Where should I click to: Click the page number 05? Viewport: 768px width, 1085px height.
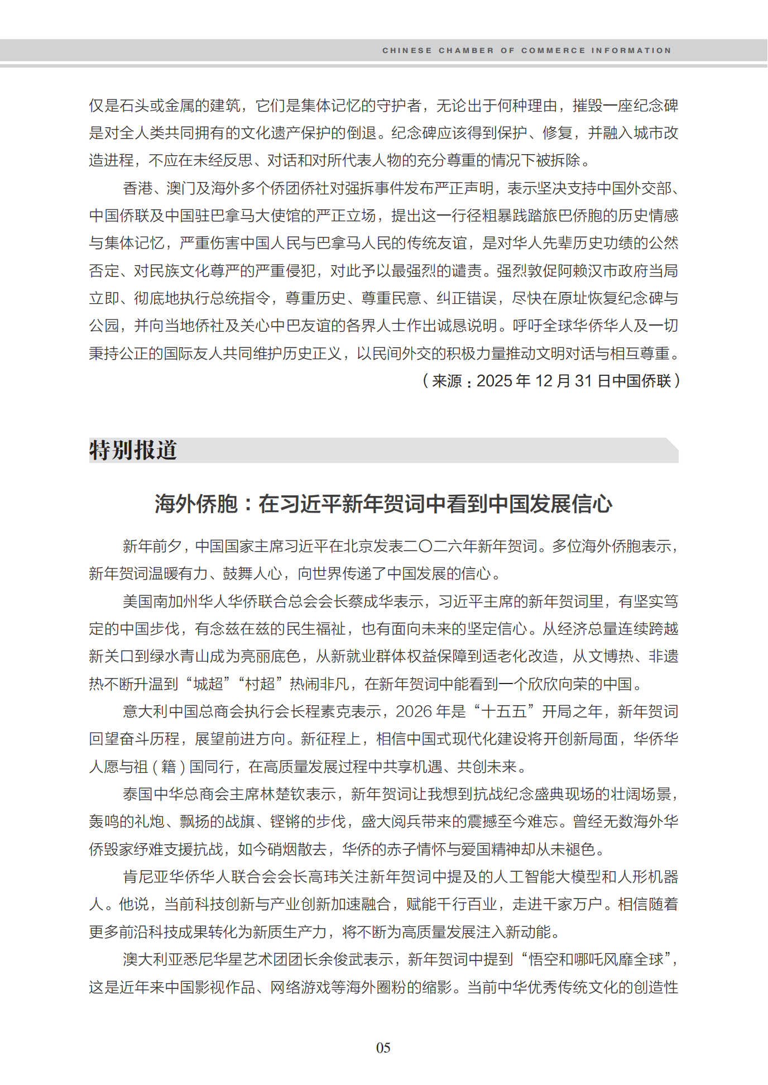[x=383, y=1048]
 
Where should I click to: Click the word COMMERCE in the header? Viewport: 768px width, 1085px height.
[x=553, y=50]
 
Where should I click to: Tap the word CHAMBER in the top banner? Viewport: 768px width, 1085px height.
[x=466, y=50]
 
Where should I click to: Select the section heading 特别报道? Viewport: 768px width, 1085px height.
[x=133, y=450]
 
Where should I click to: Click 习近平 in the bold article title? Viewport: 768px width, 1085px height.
[x=310, y=504]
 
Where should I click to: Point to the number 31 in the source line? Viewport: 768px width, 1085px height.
[x=583, y=381]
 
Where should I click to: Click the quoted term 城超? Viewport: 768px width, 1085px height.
[x=208, y=684]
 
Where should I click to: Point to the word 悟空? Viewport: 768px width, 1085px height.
[x=543, y=959]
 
